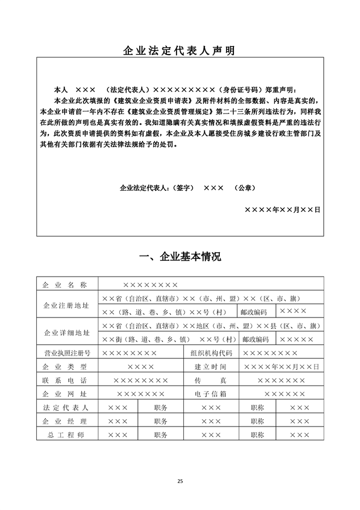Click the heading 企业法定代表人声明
[179, 51]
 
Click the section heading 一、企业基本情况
[180, 257]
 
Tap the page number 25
[180, 482]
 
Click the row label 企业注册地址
[66, 306]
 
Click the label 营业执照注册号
[67, 353]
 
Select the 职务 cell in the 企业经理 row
[161, 421]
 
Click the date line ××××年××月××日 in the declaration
[282, 210]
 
